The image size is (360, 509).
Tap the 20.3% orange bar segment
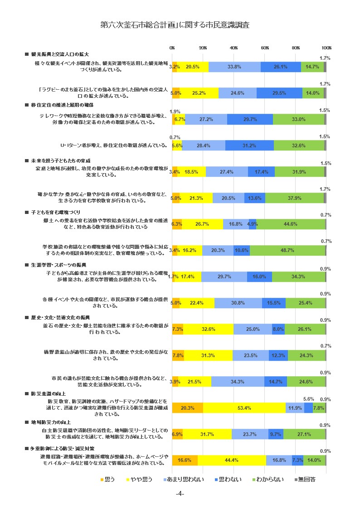coord(188,408)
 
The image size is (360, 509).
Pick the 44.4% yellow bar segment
coord(231,461)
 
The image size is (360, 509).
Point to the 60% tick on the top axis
coord(265,48)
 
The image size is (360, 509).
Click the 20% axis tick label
coord(203,48)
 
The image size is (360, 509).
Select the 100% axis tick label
coord(326,48)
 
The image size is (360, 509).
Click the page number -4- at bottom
coord(180,494)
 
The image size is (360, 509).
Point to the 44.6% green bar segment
coord(291,224)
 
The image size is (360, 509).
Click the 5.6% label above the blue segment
coord(308,399)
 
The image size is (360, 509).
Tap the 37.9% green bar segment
coord(295,198)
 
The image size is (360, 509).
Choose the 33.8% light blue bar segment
coord(234,67)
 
